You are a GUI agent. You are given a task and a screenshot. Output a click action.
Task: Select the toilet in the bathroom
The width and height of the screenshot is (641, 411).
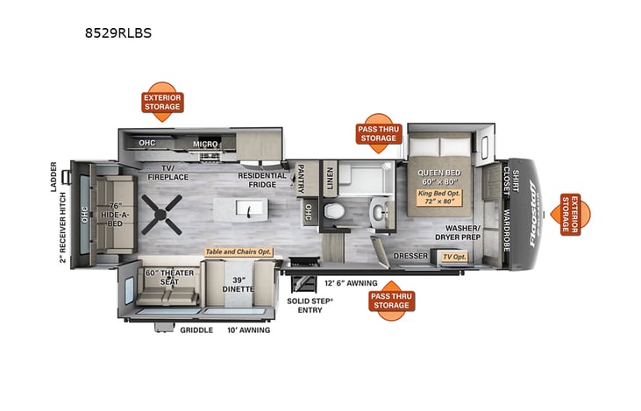click(332, 212)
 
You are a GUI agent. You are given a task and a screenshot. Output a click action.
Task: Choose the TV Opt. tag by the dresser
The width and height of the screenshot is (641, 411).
click(453, 257)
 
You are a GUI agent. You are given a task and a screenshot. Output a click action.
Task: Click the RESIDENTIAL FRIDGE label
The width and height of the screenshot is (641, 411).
click(262, 181)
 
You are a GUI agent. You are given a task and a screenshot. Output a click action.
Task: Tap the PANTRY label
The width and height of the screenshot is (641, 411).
click(301, 179)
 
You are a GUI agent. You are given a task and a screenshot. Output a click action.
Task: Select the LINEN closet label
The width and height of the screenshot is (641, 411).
click(330, 178)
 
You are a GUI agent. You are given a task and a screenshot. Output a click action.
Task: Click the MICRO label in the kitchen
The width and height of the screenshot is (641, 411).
click(205, 144)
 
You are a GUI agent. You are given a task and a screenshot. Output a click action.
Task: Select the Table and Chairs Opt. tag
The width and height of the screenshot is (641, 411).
click(239, 252)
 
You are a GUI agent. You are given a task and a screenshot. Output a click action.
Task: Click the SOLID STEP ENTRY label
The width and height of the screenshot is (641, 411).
click(310, 305)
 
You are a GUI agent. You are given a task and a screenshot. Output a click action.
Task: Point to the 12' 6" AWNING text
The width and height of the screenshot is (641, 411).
click(351, 283)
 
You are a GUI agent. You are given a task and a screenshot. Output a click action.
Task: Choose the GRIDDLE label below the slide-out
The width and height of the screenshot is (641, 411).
click(196, 330)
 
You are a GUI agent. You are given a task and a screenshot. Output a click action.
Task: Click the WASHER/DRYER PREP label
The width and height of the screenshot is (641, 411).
click(458, 233)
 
